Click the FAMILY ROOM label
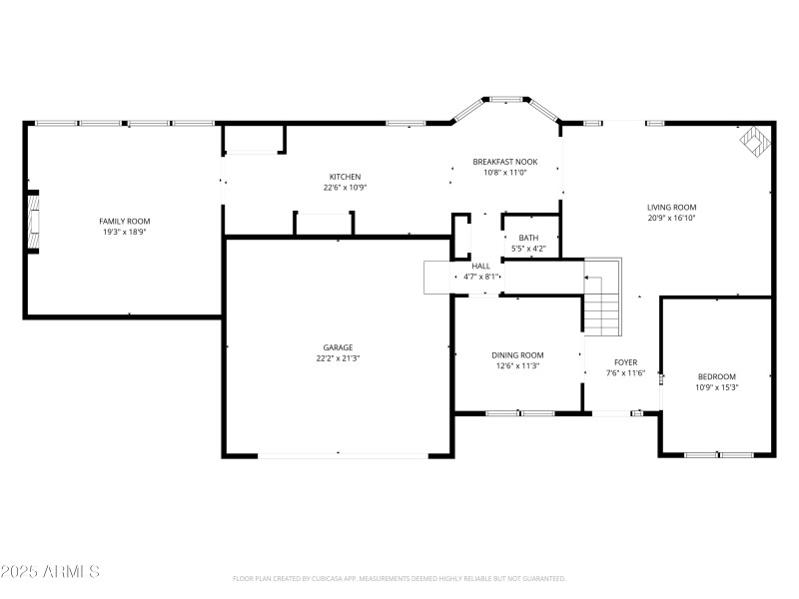pos(124,221)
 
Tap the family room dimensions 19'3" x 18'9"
pos(124,231)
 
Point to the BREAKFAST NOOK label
pos(505,162)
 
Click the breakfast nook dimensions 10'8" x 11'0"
pos(505,172)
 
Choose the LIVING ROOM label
pos(671,207)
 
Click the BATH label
pos(528,238)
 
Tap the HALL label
pos(481,266)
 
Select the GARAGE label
pos(338,347)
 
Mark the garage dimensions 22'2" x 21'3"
pos(338,357)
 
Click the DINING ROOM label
pos(517,355)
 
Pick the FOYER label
pos(625,362)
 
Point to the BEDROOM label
pos(716,376)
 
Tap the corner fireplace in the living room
pos(756,141)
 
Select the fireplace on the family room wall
pos(33,222)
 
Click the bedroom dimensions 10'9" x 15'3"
pos(716,386)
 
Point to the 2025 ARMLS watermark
pos(50,572)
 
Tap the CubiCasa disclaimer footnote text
pos(399,579)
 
